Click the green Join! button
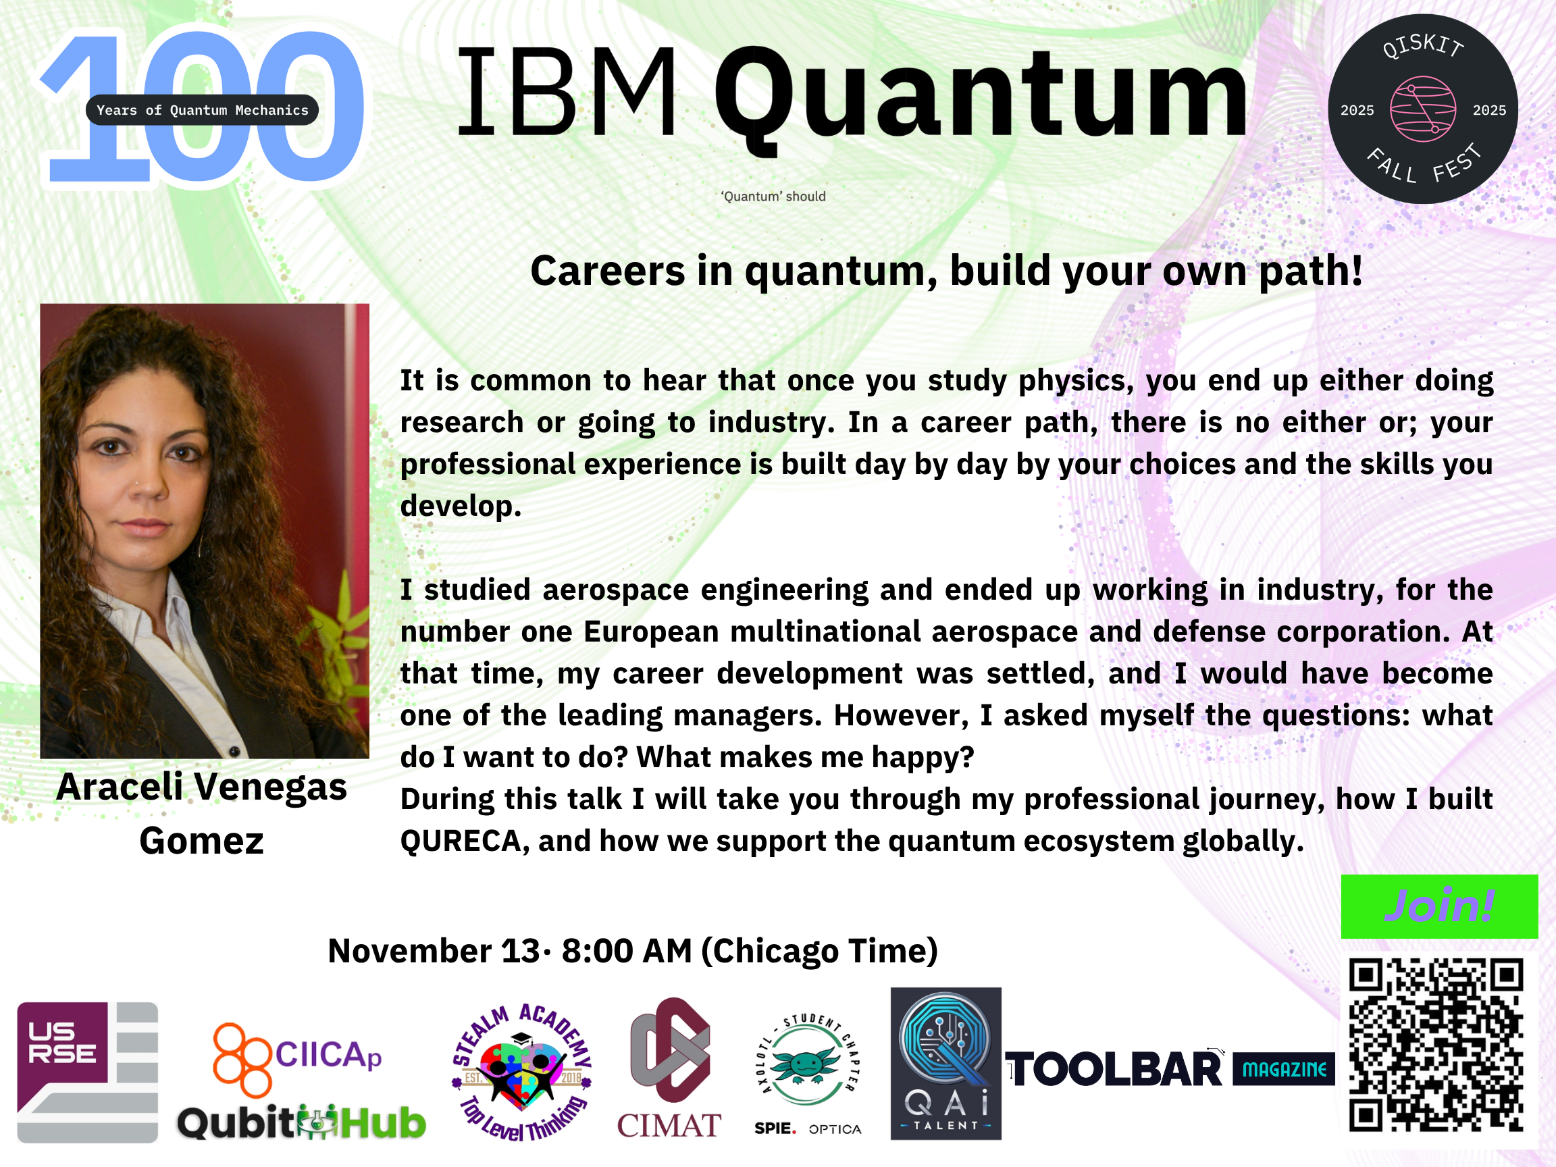tap(1439, 906)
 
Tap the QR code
tap(1436, 1045)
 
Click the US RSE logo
tap(87, 1072)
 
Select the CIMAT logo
tap(669, 1068)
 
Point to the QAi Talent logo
tap(945, 1064)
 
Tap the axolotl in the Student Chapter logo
tap(807, 1064)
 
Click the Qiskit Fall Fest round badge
tap(1422, 109)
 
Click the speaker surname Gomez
tap(201, 841)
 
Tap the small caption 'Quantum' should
tap(773, 197)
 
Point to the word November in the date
tap(409, 950)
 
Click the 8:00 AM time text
tap(627, 950)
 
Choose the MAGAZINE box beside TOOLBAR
tap(1284, 1069)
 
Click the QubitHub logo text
tap(301, 1122)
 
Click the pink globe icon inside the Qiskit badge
tap(1422, 109)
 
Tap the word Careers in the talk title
tap(607, 271)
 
